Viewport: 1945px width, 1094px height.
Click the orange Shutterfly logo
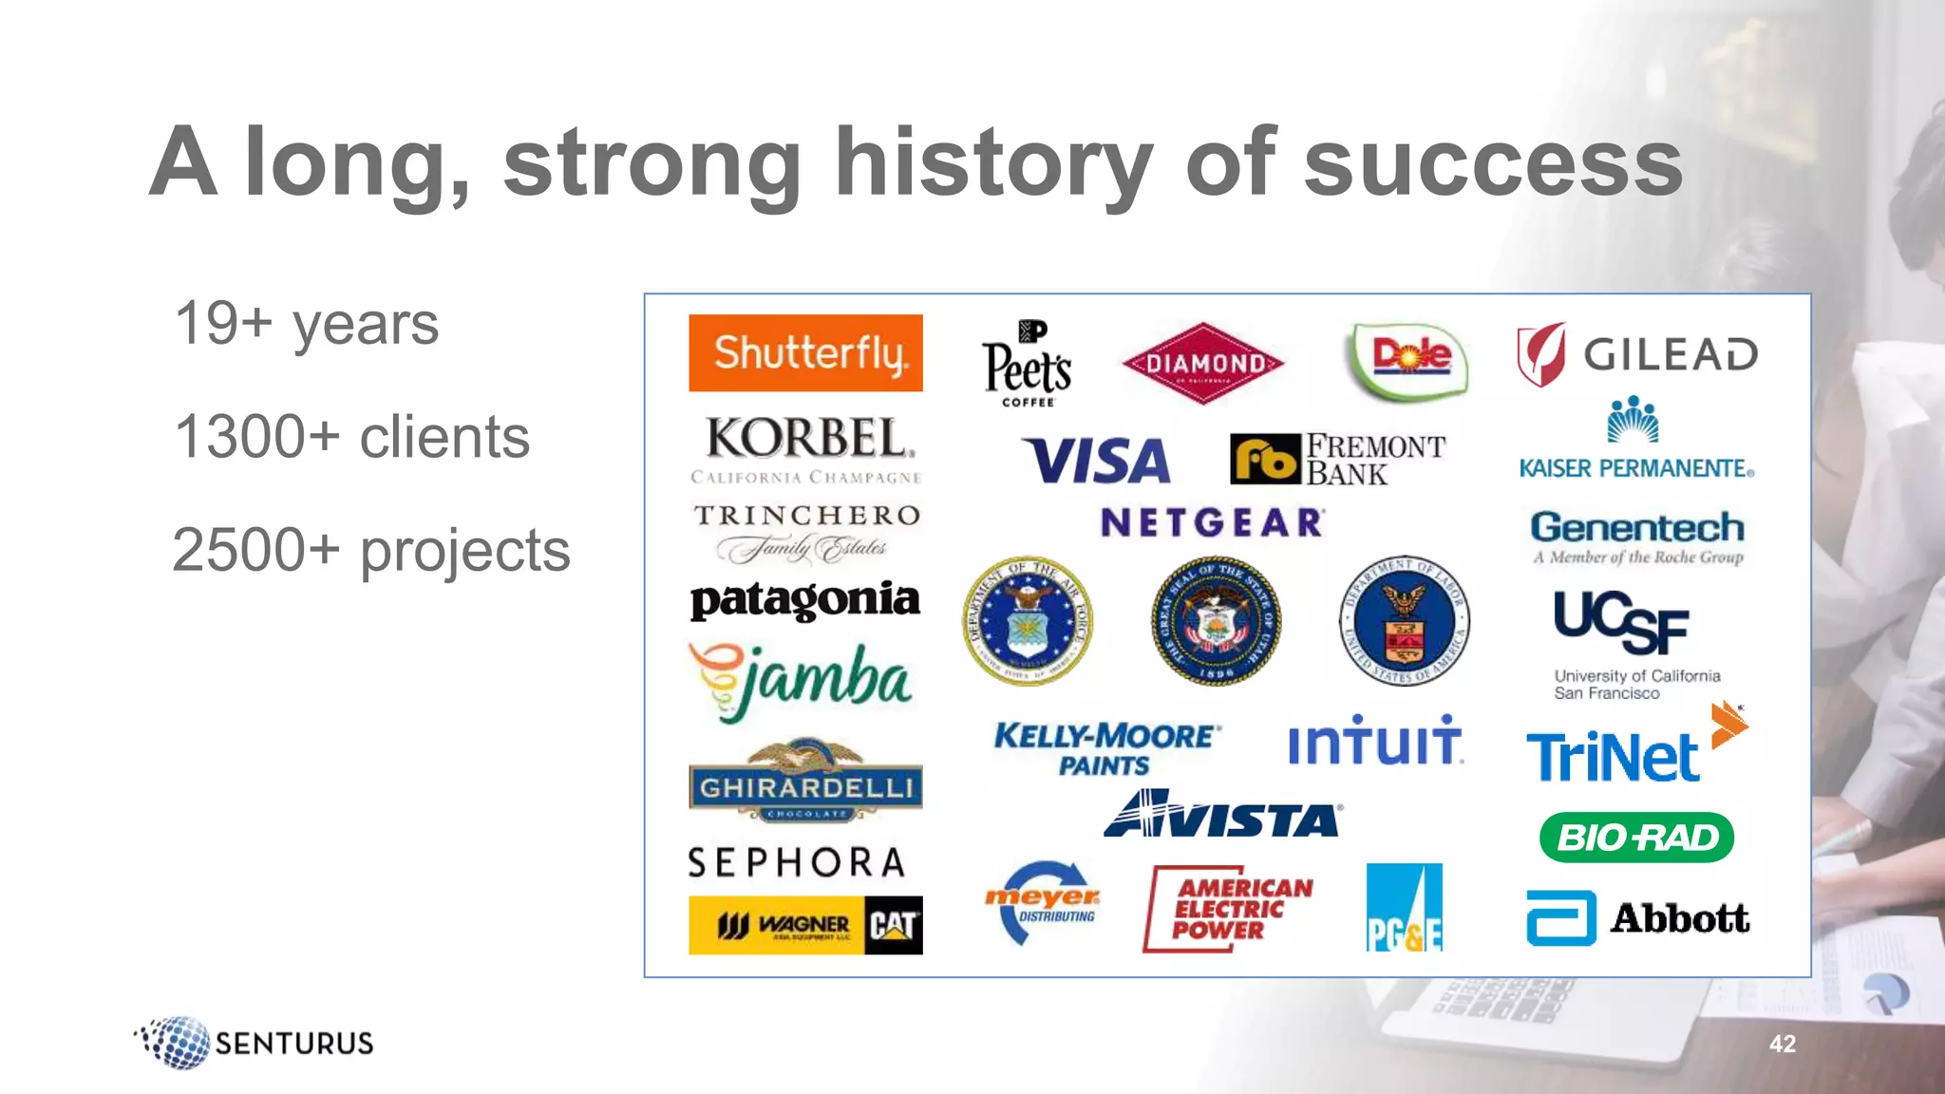(805, 352)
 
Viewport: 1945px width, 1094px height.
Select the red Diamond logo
(1202, 363)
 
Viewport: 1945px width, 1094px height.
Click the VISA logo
(1096, 461)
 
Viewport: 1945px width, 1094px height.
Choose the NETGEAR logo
(1212, 522)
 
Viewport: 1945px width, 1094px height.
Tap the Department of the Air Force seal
(1028, 621)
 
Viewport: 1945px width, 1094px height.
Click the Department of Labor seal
(1404, 621)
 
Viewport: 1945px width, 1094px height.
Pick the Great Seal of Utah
(1216, 621)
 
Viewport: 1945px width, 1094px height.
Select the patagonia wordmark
(805, 599)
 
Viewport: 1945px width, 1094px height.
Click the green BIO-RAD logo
(1636, 838)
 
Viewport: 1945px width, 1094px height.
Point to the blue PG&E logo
(1404, 908)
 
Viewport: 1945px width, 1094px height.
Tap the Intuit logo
(1374, 741)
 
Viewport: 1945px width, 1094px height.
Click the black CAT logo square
(894, 925)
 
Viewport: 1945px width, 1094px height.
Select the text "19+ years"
(306, 324)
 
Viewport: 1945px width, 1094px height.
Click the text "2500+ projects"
(370, 551)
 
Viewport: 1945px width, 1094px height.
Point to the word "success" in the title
(1493, 163)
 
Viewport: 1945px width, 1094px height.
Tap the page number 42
(1783, 1044)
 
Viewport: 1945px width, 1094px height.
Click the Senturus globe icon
(177, 1043)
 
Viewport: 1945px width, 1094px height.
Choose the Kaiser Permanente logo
(1635, 438)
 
